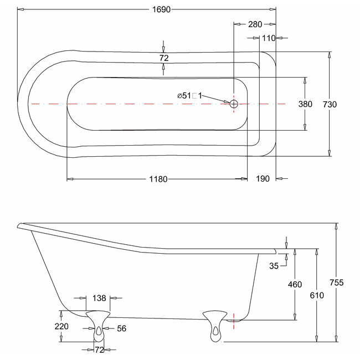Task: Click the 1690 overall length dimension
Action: click(161, 9)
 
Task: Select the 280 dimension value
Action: click(255, 24)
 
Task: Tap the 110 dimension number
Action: click(269, 38)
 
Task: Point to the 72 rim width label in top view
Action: click(164, 58)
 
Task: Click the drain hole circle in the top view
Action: click(234, 104)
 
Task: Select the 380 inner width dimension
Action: click(305, 104)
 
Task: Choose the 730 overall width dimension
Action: click(330, 105)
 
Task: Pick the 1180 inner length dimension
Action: click(158, 179)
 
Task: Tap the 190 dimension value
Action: click(263, 179)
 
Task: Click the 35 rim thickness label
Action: click(274, 266)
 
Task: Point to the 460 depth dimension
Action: click(295, 285)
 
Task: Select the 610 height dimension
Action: click(317, 295)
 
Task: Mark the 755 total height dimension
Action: click(337, 282)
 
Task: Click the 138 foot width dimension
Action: click(99, 298)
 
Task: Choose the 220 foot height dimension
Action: click(61, 326)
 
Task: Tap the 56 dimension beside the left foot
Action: click(122, 328)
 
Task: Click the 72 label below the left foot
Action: click(99, 350)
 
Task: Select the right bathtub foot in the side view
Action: click(215, 326)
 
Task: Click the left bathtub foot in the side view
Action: click(98, 326)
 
